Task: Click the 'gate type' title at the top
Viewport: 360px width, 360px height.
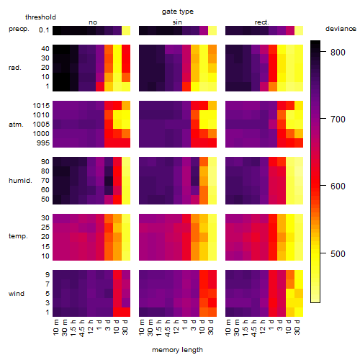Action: coord(178,12)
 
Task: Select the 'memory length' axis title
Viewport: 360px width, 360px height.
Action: coord(177,350)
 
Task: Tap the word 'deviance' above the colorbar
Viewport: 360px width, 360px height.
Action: coord(341,29)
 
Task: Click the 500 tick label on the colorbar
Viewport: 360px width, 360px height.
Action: coord(338,253)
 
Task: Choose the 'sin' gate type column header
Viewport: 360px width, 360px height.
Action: coord(177,22)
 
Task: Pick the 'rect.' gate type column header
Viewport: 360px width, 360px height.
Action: coord(261,22)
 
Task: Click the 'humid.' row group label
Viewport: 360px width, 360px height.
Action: coord(20,180)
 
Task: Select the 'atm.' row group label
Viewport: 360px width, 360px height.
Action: coord(16,125)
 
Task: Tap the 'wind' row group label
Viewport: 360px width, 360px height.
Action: coord(17,293)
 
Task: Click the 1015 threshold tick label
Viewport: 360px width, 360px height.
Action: coord(41,105)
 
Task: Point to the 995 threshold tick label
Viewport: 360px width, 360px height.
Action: coord(43,143)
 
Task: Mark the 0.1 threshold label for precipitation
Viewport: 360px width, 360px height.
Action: coord(44,30)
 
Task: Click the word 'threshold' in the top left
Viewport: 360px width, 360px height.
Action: coord(40,17)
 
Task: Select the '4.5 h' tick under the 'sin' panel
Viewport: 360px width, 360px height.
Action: coord(168,328)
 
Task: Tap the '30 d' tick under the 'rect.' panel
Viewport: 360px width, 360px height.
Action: coord(297,327)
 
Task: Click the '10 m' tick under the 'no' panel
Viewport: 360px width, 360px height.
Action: coord(55,328)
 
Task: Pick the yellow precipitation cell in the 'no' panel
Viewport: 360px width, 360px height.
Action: coord(126,31)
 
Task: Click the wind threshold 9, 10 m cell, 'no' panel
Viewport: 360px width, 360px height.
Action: coord(57,274)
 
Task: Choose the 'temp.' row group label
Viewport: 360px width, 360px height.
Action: coord(18,236)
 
